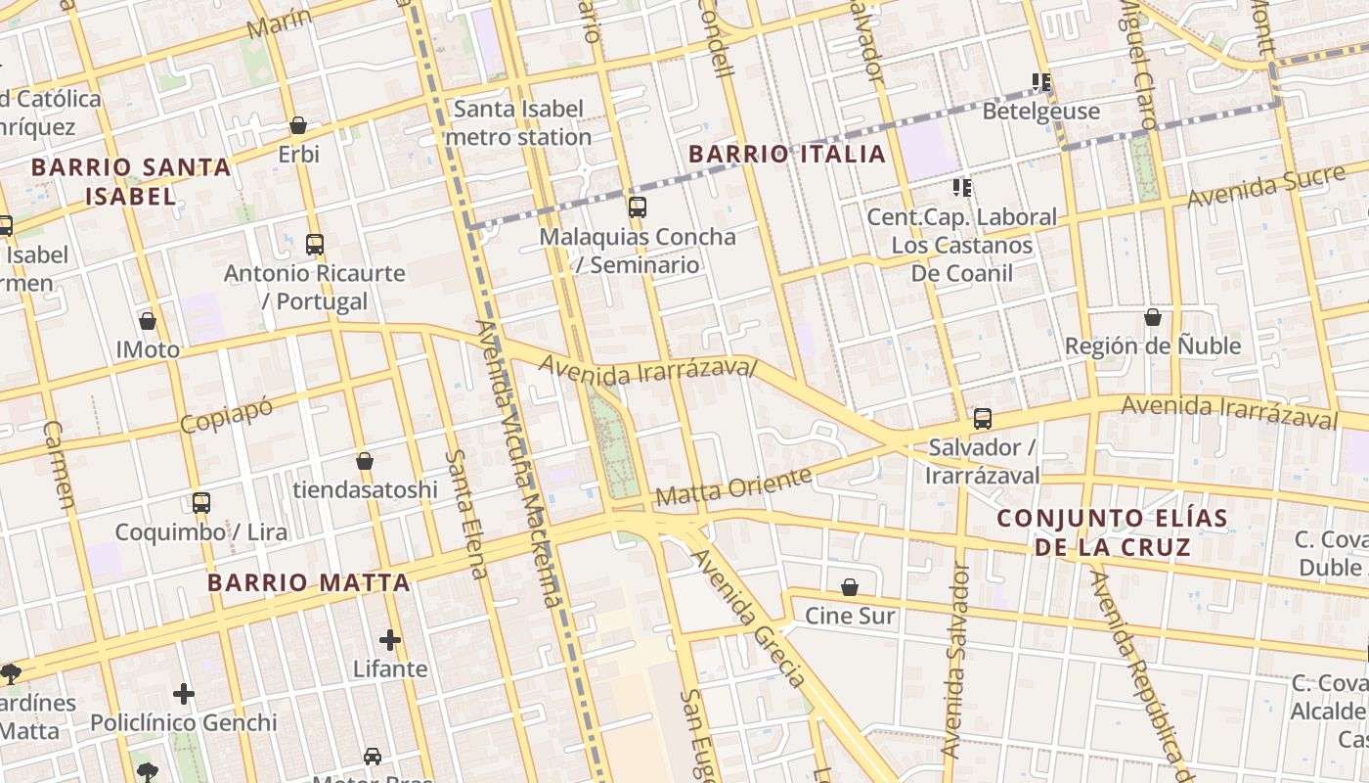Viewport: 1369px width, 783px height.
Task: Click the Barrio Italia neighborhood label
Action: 786,154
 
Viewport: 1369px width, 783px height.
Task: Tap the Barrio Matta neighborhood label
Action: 308,583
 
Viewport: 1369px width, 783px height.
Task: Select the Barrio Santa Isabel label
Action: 131,181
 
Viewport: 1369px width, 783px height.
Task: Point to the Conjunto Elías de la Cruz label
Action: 1112,531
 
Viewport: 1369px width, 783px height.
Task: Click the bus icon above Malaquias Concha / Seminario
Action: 638,207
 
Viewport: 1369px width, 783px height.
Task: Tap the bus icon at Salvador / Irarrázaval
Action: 983,419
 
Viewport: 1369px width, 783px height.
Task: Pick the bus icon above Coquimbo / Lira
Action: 201,503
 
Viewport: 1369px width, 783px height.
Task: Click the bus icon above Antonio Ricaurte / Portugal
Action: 315,245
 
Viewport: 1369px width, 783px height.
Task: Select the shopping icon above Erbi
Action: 298,125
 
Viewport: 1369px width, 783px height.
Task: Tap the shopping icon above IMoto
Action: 148,321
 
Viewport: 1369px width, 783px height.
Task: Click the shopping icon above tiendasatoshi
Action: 365,460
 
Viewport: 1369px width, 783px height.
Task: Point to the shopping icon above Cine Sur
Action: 850,587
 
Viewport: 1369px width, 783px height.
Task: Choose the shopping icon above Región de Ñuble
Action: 1153,317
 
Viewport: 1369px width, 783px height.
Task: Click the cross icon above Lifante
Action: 390,640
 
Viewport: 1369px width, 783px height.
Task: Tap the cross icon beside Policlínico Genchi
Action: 184,694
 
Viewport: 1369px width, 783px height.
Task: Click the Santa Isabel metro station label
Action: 518,122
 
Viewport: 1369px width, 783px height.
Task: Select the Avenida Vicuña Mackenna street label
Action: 519,460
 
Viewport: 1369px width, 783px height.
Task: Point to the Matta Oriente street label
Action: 733,486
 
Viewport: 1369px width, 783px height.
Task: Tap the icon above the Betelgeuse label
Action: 1041,82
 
